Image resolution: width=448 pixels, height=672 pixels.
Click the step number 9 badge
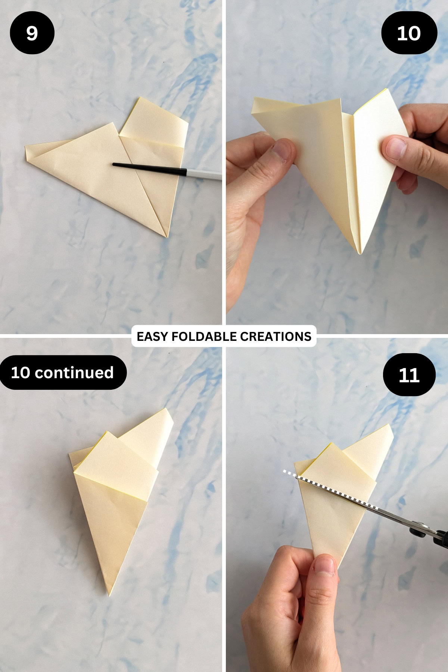click(32, 33)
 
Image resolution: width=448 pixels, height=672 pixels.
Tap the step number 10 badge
click(409, 33)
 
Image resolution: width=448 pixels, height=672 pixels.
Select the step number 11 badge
click(409, 375)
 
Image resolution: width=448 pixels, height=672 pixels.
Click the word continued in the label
click(74, 373)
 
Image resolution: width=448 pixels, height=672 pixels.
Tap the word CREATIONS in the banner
click(276, 336)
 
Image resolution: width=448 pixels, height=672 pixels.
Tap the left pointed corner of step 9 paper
click(27, 150)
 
